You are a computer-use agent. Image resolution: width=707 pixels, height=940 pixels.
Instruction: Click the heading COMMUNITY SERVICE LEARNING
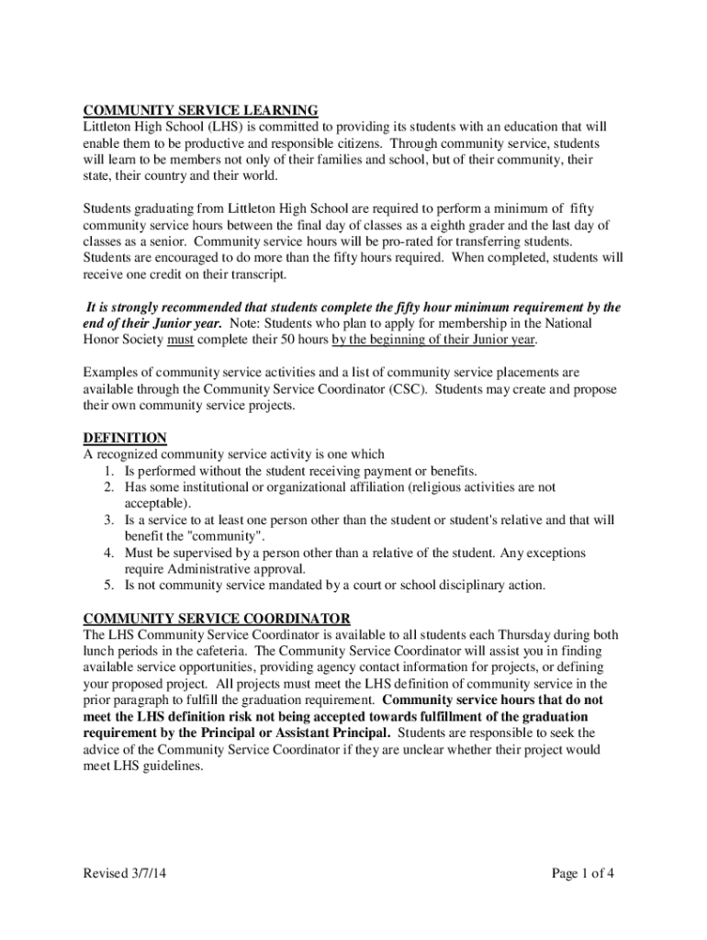coord(200,110)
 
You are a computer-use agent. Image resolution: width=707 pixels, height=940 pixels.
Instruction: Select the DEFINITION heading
coord(125,437)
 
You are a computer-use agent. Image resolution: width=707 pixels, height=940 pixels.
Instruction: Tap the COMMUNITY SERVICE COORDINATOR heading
coord(217,618)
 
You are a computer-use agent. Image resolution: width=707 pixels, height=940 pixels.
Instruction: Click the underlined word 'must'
coord(180,340)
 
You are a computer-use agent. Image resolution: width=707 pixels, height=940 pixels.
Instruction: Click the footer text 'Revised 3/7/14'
coord(127,873)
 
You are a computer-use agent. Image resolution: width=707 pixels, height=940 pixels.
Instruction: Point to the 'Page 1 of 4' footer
coord(582,873)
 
